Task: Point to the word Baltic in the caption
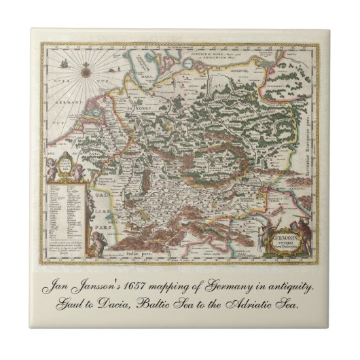(149, 305)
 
